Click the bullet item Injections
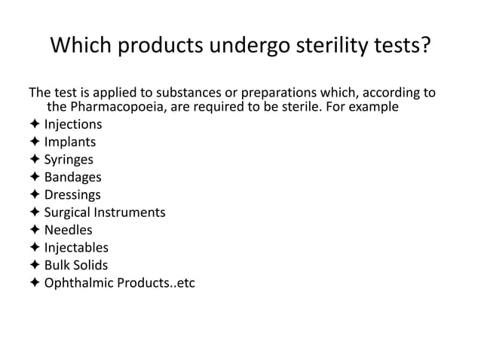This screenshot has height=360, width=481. (x=73, y=124)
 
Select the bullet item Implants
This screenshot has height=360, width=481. (x=70, y=142)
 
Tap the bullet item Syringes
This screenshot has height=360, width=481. (x=69, y=160)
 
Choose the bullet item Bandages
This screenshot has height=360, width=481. (x=72, y=177)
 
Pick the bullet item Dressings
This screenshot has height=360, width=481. (x=72, y=195)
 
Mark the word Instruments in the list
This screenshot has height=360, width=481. (x=131, y=212)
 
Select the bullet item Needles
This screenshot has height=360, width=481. (x=68, y=230)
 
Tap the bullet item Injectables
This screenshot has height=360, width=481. (x=76, y=248)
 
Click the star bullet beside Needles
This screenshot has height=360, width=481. (x=35, y=230)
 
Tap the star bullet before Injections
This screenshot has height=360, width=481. (x=35, y=124)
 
